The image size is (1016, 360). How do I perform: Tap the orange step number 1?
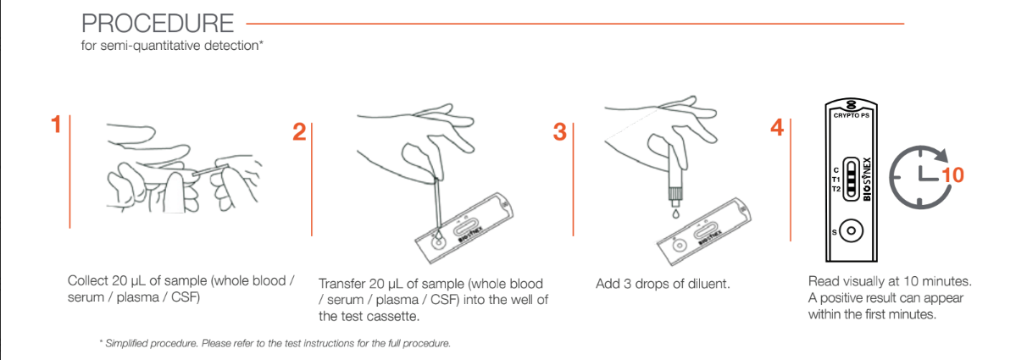[56, 126]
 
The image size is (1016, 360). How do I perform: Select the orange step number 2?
[299, 132]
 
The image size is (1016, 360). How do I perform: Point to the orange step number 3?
[559, 132]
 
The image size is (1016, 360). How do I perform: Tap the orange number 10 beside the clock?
[953, 175]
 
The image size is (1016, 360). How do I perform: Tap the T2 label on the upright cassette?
[835, 189]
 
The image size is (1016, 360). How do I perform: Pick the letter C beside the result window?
[836, 169]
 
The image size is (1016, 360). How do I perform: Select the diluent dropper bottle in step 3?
[675, 174]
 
